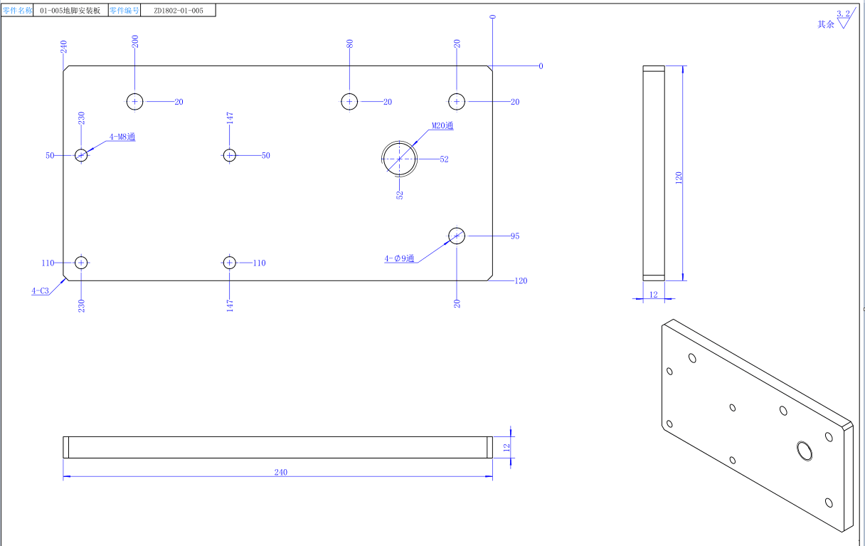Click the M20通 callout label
point(442,126)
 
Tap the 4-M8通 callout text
point(122,137)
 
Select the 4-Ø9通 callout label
point(400,258)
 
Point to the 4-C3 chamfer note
point(40,290)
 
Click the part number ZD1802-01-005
point(174,11)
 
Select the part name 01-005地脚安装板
point(70,11)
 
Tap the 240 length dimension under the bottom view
point(281,472)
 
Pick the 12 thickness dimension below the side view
point(653,295)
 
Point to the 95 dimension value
point(515,236)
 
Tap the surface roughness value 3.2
point(843,14)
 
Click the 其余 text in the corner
point(825,24)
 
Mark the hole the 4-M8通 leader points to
point(81,155)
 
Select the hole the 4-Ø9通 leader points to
point(457,236)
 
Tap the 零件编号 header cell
point(124,11)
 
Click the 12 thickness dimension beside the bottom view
point(506,447)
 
